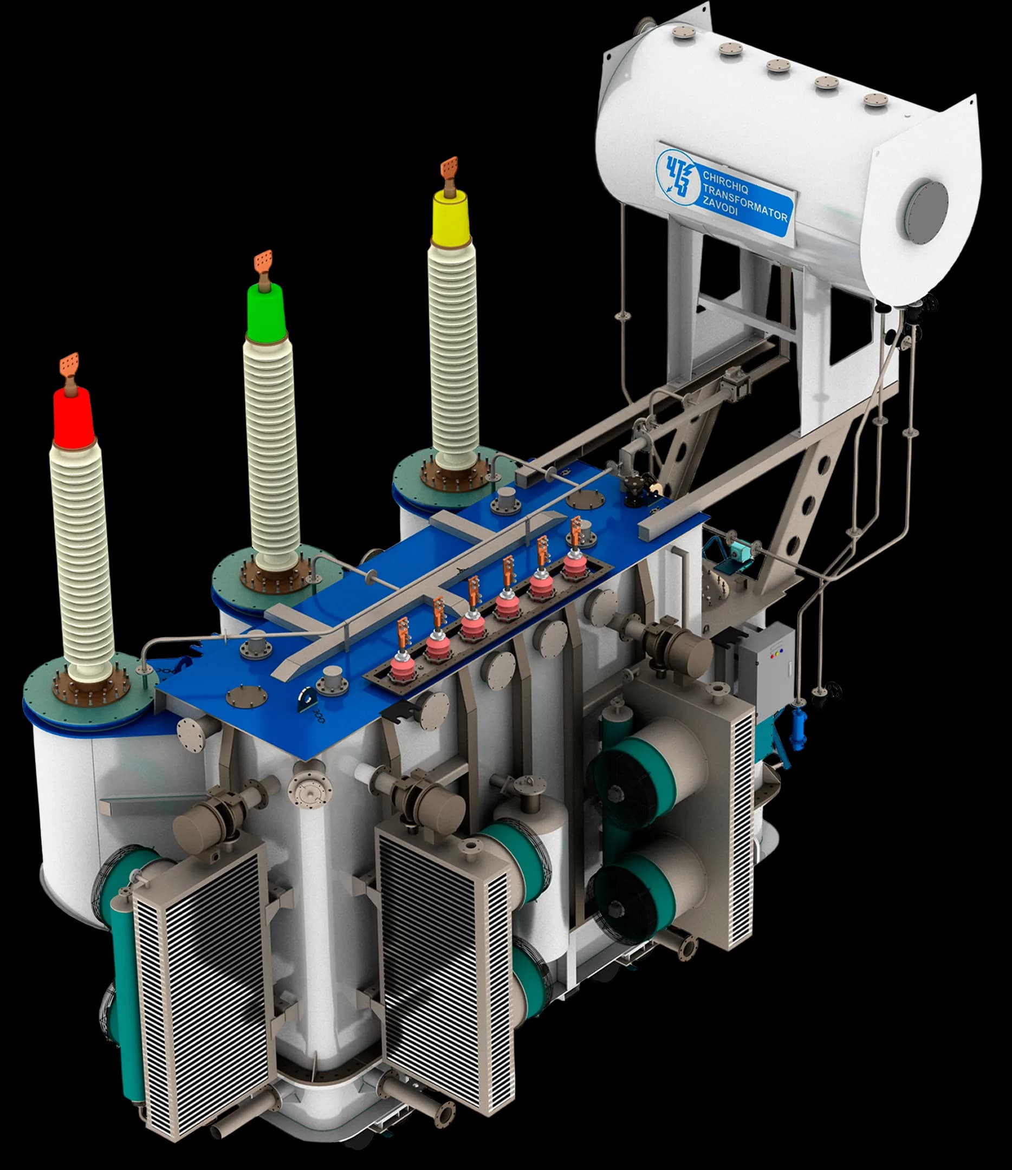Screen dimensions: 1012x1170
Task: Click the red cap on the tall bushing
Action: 74,418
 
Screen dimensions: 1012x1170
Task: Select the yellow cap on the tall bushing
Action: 450,217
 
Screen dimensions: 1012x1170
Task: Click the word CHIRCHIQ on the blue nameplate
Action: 725,183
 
